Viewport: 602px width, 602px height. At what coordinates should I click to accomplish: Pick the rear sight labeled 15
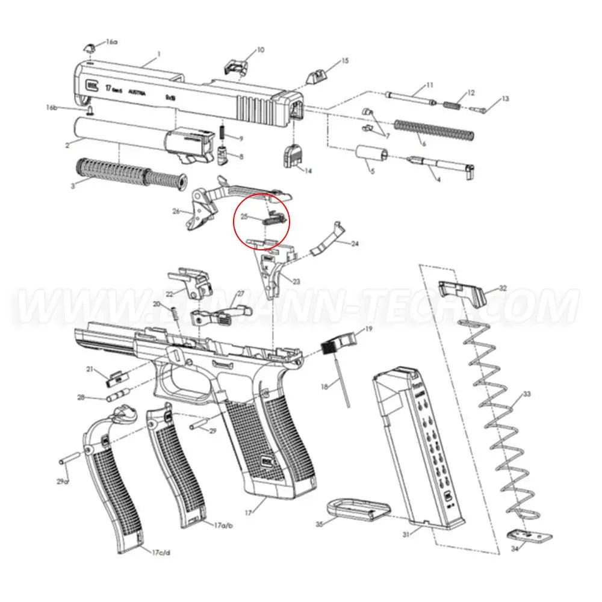315,77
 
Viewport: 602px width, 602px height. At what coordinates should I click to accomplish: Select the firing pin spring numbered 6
433,129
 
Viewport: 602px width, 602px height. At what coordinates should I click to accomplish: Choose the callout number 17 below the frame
248,512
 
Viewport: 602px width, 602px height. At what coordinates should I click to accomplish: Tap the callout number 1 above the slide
158,54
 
